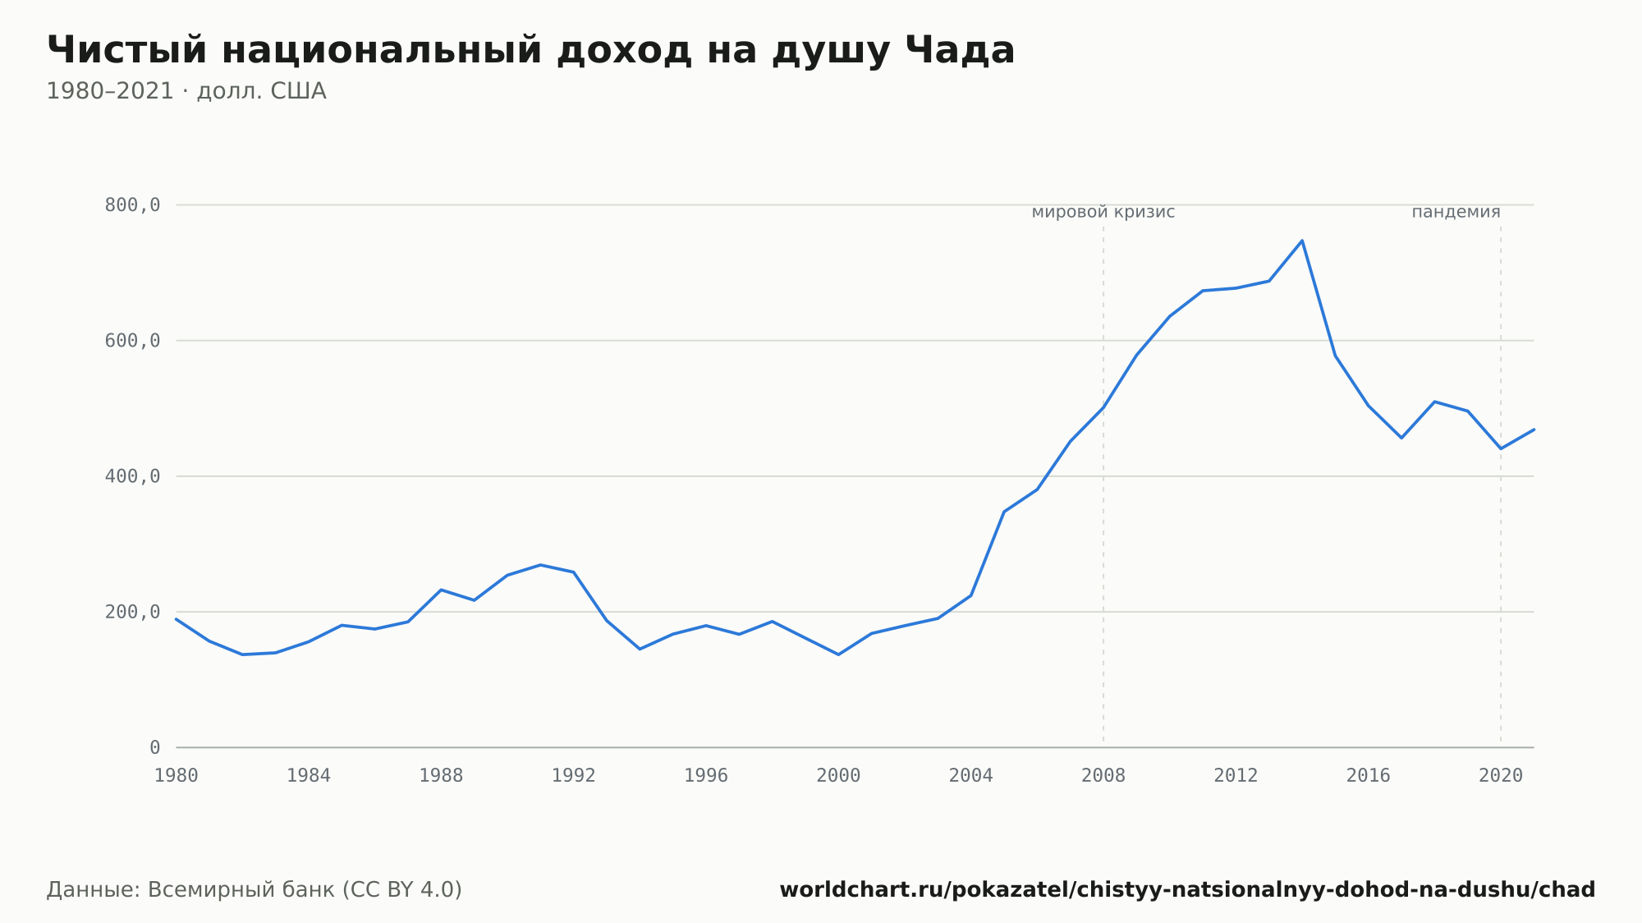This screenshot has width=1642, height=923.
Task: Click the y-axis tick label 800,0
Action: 132,205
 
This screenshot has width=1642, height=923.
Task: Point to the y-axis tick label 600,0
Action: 132,341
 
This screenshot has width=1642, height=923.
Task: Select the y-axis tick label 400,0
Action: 132,476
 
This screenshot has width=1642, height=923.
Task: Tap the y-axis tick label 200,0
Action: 132,612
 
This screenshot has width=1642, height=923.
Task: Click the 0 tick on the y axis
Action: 155,747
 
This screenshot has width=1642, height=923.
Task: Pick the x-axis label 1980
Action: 177,776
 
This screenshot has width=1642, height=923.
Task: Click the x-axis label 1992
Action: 574,776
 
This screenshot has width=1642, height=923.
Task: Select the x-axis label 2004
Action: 971,776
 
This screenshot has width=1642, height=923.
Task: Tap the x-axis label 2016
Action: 1369,776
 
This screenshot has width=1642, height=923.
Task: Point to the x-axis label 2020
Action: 1501,776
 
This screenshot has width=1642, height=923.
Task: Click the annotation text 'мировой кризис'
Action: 1103,213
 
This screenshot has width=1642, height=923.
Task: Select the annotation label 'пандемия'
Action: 1456,213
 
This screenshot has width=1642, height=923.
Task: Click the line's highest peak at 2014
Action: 1302,241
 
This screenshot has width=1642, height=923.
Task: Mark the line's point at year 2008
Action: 1103,407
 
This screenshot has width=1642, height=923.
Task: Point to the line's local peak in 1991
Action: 540,565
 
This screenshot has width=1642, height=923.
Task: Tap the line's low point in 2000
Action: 838,654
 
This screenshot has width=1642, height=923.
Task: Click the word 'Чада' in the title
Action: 961,51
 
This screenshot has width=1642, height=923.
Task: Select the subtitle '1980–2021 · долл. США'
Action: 186,91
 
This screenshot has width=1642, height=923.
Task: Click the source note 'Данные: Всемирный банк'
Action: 191,890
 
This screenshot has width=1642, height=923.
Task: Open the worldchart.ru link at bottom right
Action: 1187,890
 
